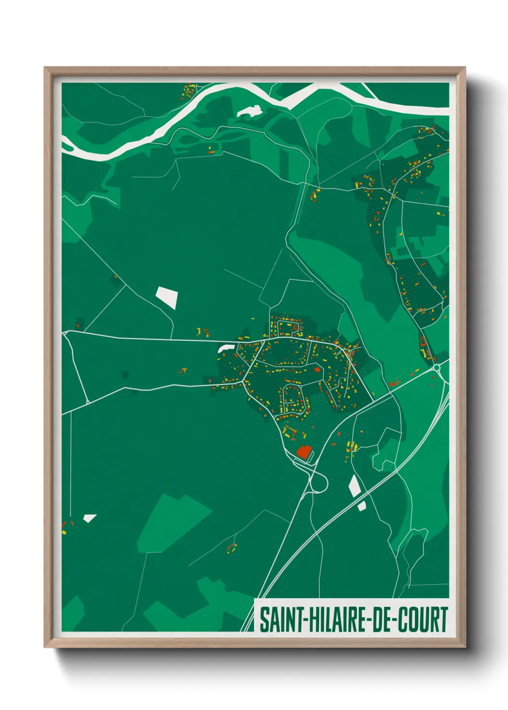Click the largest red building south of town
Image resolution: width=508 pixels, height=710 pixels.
(x=304, y=451)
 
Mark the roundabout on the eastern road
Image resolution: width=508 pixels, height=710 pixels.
(x=436, y=368)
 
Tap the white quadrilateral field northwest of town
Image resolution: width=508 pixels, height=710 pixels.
(x=167, y=297)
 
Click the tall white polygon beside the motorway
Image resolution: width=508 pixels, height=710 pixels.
(x=354, y=486)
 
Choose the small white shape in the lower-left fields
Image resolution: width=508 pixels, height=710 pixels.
(x=89, y=518)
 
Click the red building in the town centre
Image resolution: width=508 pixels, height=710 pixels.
(x=317, y=369)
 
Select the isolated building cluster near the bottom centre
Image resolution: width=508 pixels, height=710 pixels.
(x=232, y=547)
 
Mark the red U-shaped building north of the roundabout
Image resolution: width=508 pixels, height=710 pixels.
(x=423, y=342)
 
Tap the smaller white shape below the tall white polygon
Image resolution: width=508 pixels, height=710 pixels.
(x=362, y=505)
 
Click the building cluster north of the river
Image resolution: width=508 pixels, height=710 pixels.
(x=190, y=90)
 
